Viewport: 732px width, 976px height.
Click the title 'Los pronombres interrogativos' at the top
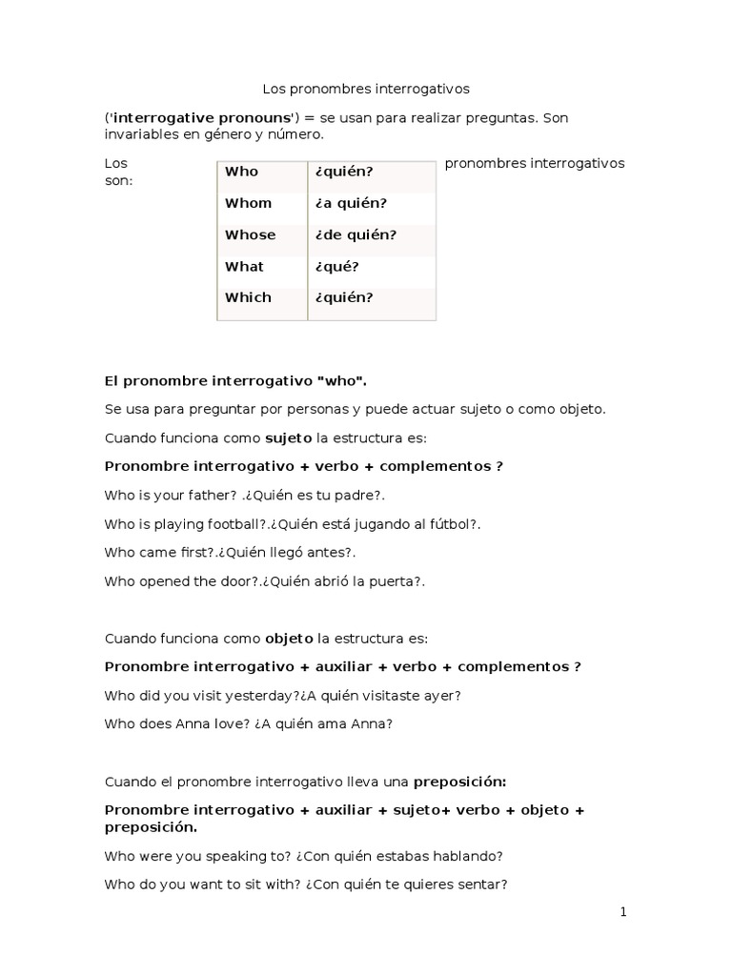(x=366, y=89)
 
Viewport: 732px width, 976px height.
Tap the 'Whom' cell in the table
(x=248, y=203)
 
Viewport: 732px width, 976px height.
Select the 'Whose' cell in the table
(x=250, y=234)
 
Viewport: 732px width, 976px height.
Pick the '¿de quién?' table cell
(x=355, y=234)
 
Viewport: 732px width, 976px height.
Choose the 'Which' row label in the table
(x=248, y=297)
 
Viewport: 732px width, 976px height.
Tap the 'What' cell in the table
(x=244, y=266)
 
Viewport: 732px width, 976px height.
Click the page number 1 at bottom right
(x=623, y=912)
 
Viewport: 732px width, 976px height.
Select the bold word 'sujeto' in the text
(x=287, y=438)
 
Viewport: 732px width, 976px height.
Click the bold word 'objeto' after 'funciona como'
(x=289, y=638)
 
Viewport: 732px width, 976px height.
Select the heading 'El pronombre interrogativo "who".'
(x=234, y=380)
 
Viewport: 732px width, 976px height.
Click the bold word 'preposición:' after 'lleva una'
(x=459, y=781)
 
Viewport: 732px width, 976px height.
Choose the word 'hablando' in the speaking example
(x=469, y=855)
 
